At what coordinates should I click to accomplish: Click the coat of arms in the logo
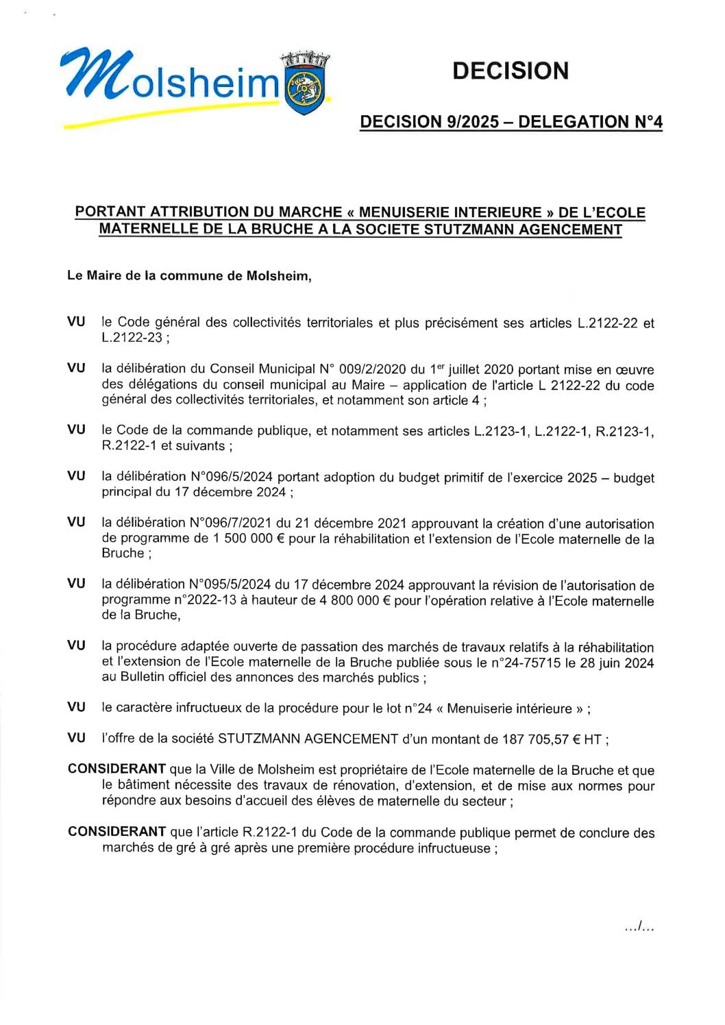coord(306,85)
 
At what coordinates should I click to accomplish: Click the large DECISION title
coord(511,71)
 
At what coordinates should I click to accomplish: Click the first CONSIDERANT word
coord(116,769)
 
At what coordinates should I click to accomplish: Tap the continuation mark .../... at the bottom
coord(639,928)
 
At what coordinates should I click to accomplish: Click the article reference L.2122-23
coord(132,338)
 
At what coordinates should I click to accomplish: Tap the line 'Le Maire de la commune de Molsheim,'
coord(189,276)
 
